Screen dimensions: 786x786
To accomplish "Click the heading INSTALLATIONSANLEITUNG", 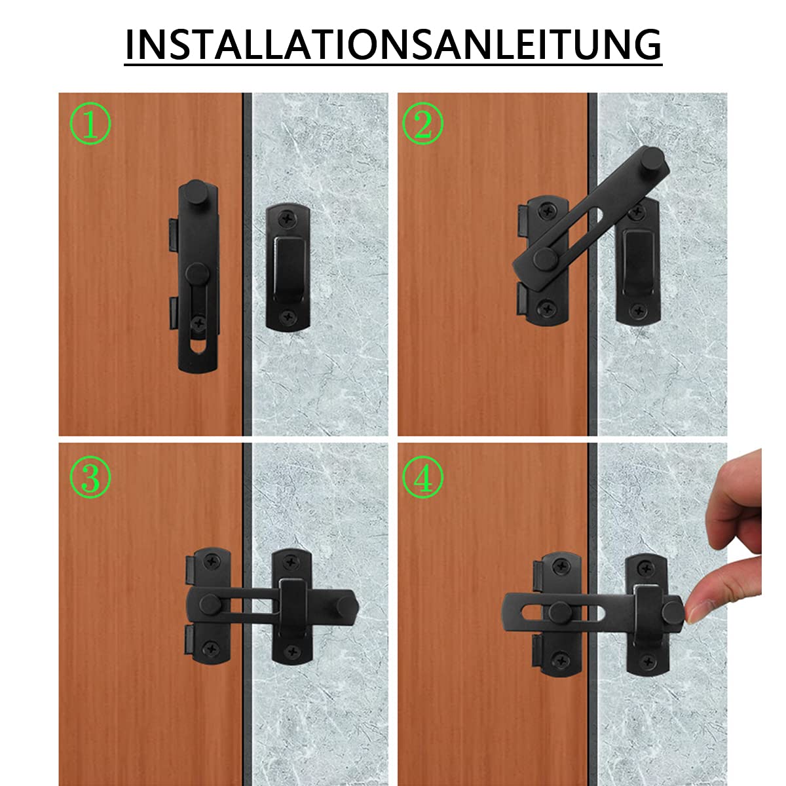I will (393, 45).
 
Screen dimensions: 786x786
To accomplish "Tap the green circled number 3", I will (90, 477).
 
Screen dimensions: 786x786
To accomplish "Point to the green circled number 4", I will (422, 477).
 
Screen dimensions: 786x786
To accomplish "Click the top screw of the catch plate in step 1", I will (288, 216).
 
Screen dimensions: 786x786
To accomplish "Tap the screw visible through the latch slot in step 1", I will (196, 321).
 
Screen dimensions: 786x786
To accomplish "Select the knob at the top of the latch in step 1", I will (195, 193).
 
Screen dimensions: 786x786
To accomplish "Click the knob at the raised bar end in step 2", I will (652, 159).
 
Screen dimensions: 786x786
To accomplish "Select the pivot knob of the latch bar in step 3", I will (210, 603).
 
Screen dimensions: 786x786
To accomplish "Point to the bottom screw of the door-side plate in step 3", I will (210, 648).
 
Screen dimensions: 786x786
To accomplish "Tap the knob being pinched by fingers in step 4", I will (671, 611).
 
